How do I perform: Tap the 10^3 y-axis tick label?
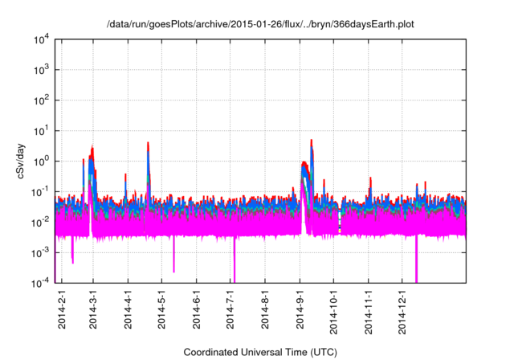41,70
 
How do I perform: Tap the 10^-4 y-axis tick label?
41,283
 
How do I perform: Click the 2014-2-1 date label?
61,310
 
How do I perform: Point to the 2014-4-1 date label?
128,310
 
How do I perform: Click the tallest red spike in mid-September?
311,142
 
